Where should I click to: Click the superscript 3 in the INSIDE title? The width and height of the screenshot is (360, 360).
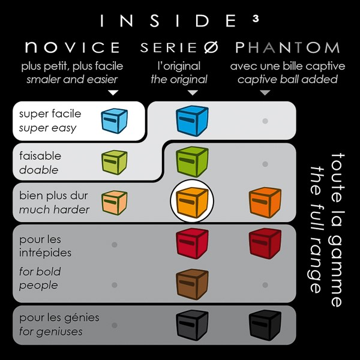256,19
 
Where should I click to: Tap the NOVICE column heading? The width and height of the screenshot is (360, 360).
73,47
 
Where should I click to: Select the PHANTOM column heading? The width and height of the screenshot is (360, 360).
287,47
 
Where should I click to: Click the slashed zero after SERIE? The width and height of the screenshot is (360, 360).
211,47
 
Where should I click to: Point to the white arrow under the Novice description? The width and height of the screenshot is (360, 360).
113,92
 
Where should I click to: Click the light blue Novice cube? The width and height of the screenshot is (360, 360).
115,121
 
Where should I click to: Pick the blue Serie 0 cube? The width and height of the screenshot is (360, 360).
192,121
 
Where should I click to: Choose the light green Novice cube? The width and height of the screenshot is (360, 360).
115,162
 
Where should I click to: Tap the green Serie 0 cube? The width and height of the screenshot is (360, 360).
192,162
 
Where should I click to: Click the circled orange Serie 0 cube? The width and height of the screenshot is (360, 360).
192,202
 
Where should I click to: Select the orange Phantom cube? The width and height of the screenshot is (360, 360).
265,202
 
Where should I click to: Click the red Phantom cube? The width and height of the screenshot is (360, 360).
265,244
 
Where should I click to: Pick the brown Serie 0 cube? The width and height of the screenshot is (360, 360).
192,284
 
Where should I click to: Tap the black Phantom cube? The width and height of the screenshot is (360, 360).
265,325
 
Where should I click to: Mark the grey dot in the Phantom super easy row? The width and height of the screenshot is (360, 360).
265,121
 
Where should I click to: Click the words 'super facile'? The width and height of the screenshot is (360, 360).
50,113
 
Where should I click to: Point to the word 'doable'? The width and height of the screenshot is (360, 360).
38,170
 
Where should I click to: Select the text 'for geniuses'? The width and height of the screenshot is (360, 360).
51,332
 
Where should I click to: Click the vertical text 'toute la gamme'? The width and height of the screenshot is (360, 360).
337,230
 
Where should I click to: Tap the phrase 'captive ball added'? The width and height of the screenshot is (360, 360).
287,79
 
